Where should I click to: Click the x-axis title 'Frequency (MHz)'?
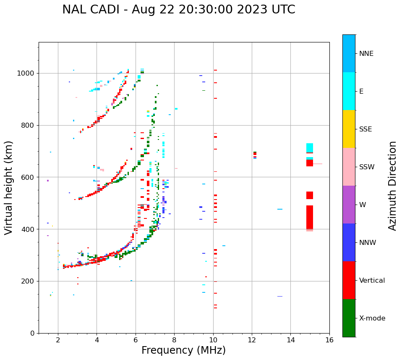point(183,350)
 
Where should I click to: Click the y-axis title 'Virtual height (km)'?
point(9,188)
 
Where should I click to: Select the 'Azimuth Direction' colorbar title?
point(392,186)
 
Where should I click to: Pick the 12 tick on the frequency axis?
point(252,339)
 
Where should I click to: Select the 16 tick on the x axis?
point(329,339)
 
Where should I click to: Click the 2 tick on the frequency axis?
point(58,339)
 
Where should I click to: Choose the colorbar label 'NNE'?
point(366,54)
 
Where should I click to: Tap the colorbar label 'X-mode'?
point(372,318)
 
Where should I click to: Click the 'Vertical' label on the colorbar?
point(372,281)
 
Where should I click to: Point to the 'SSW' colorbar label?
point(367,167)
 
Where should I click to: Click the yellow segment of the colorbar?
point(349,129)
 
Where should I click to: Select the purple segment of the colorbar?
point(349,205)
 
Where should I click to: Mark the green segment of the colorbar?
point(349,318)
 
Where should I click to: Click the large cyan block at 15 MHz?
point(310,148)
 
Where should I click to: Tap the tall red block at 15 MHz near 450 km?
point(310,217)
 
